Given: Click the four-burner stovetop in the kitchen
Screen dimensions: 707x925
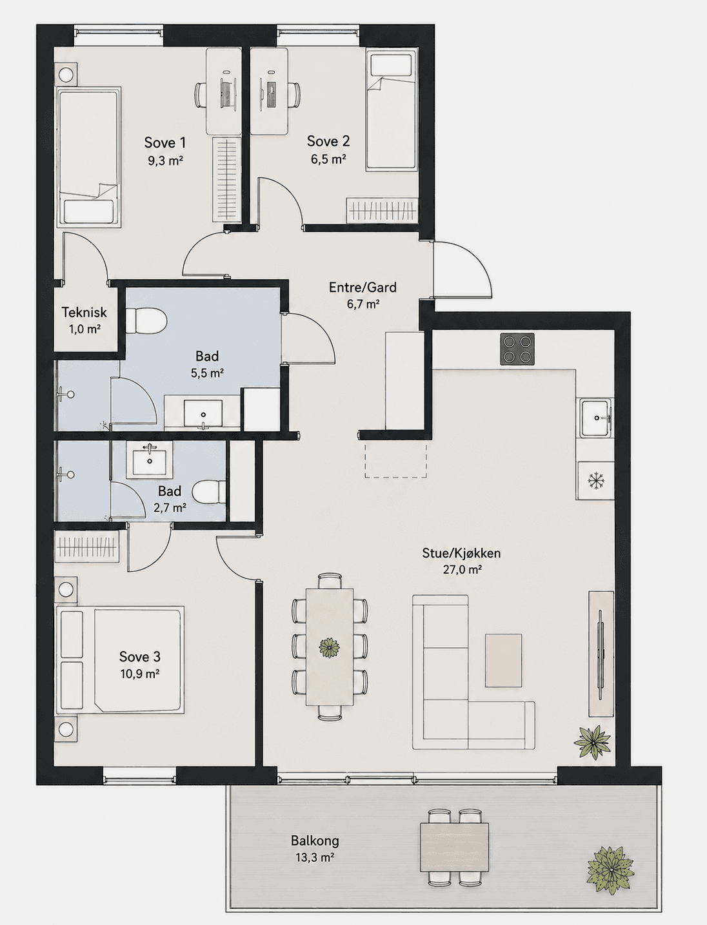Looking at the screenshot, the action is [x=517, y=349].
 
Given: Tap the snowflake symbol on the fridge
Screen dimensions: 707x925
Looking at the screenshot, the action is [x=596, y=480].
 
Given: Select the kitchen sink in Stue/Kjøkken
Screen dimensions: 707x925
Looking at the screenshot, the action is [x=595, y=418].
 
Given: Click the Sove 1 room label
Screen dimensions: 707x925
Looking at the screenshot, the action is [x=165, y=142].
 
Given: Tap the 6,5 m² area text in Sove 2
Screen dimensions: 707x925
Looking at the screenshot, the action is [x=328, y=159].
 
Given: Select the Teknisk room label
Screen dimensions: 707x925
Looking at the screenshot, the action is [x=85, y=312].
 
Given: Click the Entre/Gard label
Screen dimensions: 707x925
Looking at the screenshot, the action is [x=363, y=287].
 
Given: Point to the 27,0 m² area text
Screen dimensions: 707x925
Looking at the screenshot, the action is [x=462, y=570].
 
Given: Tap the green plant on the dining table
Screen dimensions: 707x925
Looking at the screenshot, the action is [x=329, y=647].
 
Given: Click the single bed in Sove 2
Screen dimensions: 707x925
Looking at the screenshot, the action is [x=391, y=110].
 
